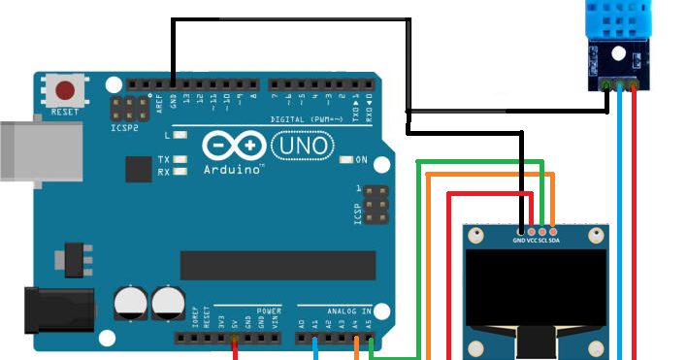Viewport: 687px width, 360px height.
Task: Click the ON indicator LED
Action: (347, 159)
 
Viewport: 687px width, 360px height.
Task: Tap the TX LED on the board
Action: (180, 158)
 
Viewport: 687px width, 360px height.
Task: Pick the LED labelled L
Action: (180, 136)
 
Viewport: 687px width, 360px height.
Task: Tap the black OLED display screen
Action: (537, 287)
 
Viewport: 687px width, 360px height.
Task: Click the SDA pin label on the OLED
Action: (553, 240)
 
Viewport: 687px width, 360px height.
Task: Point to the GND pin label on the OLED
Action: (519, 240)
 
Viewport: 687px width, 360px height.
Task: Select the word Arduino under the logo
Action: (234, 169)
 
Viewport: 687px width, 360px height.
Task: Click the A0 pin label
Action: (302, 322)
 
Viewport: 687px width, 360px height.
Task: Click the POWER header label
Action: (269, 311)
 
